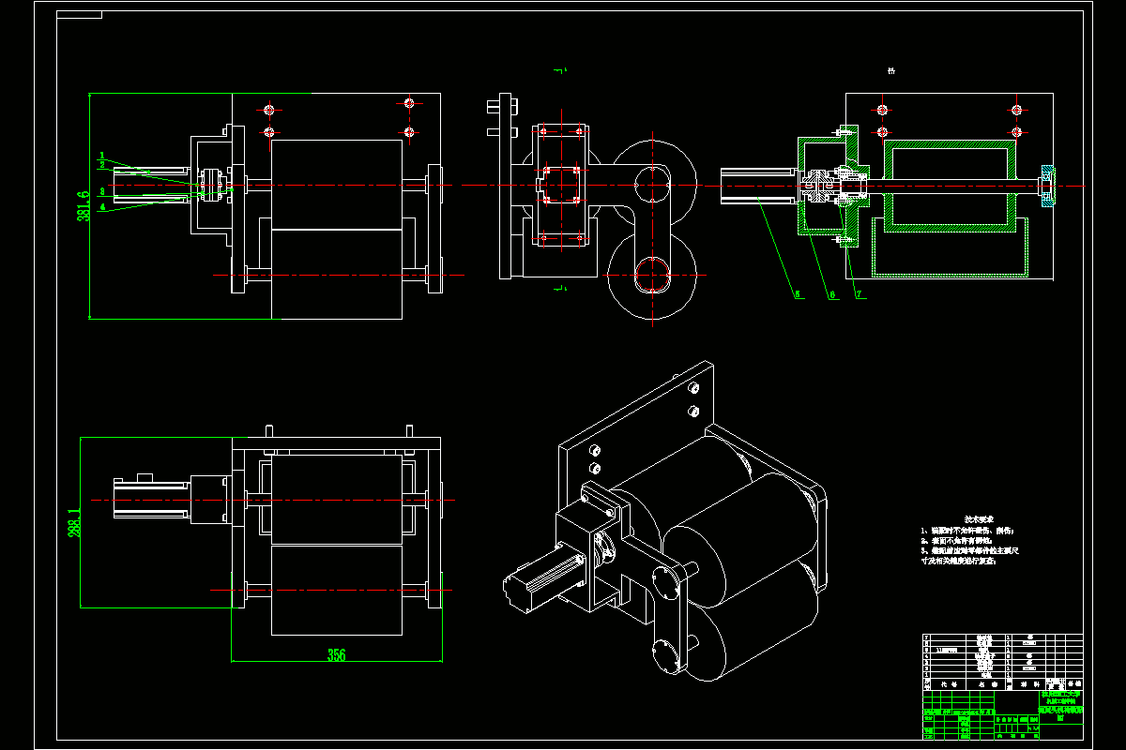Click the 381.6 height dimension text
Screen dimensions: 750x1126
pyautogui.click(x=84, y=206)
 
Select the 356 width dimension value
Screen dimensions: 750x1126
pyautogui.click(x=336, y=655)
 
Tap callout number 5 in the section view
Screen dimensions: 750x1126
pyautogui.click(x=798, y=294)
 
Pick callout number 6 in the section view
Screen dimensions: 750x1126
pyautogui.click(x=831, y=294)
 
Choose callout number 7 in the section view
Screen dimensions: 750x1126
pyautogui.click(x=858, y=294)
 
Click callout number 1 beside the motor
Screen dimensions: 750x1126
pyautogui.click(x=102, y=155)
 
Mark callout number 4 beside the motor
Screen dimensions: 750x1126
pyautogui.click(x=102, y=206)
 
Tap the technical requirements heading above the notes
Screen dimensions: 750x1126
pyautogui.click(x=976, y=517)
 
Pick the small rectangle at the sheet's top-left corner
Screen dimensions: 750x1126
pyautogui.click(x=80, y=15)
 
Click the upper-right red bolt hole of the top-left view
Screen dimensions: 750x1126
pyautogui.click(x=409, y=102)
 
